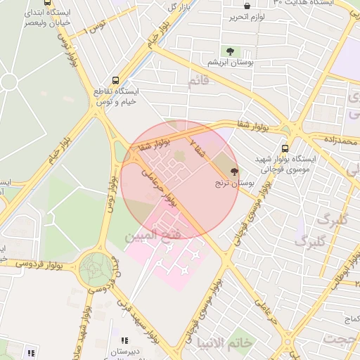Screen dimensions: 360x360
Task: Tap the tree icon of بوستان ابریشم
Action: click(229, 51)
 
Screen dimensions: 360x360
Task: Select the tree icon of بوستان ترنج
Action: click(233, 171)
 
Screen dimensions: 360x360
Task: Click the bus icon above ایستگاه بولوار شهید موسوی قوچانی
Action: click(285, 148)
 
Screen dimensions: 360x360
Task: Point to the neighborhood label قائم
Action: click(198, 82)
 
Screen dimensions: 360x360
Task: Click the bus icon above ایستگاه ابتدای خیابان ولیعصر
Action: click(47, 3)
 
